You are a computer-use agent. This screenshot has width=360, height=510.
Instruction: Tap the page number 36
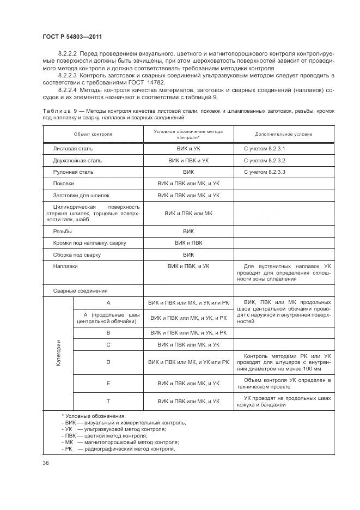pos(45,463)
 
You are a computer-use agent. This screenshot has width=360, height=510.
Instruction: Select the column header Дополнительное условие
pos(283,134)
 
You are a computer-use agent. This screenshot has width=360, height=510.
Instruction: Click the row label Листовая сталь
pos(73,148)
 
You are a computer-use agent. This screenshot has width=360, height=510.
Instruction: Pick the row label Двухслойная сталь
pos(77,161)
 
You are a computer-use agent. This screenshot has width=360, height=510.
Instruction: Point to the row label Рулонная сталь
pos(74,172)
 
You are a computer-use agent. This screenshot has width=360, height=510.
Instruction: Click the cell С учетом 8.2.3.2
pos(265,161)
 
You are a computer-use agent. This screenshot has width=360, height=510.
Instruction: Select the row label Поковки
pos(64,184)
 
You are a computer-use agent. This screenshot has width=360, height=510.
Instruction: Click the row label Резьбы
pos(63,231)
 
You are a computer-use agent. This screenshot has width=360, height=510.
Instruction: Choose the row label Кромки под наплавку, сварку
pos(90,242)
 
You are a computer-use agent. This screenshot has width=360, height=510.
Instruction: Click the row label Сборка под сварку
pos(77,254)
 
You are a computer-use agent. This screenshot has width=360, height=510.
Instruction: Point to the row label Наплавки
pos(65,266)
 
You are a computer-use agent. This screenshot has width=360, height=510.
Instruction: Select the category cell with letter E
pos(108,384)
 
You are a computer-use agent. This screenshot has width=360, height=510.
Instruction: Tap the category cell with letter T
pos(108,401)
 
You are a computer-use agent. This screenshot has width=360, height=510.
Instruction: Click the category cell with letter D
pos(108,362)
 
